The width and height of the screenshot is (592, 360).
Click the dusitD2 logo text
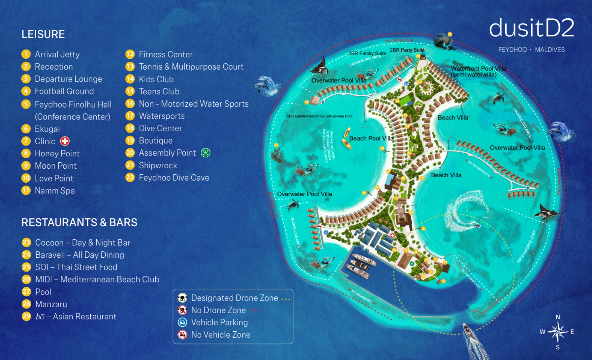pyautogui.click(x=531, y=28)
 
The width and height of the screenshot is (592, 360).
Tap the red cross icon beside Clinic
pyautogui.click(x=65, y=141)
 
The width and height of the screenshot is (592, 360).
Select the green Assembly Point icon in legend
pyautogui.click(x=205, y=153)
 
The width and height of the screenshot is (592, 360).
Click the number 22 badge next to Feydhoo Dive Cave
pyautogui.click(x=130, y=178)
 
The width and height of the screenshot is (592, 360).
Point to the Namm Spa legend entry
pyautogui.click(x=54, y=191)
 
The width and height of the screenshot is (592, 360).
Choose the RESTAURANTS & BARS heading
pyautogui.click(x=79, y=222)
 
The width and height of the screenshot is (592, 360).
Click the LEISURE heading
pyautogui.click(x=43, y=34)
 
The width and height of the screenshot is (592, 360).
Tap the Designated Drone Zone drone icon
pyautogui.click(x=182, y=298)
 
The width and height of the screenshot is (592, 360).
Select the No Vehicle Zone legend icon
pyautogui.click(x=182, y=335)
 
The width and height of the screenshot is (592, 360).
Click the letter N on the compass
pyautogui.click(x=557, y=317)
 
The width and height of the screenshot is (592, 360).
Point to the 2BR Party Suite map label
pyautogui.click(x=407, y=50)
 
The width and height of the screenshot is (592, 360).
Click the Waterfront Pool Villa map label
pyautogui.click(x=478, y=69)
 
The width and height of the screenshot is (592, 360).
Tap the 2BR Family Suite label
pyautogui.click(x=367, y=53)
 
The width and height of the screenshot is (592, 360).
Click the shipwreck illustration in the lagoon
pyautogui.click(x=276, y=154)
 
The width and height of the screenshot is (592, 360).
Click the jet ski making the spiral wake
pyautogui.click(x=477, y=226)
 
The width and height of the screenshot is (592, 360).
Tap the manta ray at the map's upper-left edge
pyautogui.click(x=319, y=67)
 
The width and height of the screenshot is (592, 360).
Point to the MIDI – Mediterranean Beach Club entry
pyautogui.click(x=97, y=279)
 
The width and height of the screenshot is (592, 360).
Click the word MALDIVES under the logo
pyautogui.click(x=549, y=50)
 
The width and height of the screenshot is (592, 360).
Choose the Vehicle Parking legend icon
pyautogui.click(x=182, y=322)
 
